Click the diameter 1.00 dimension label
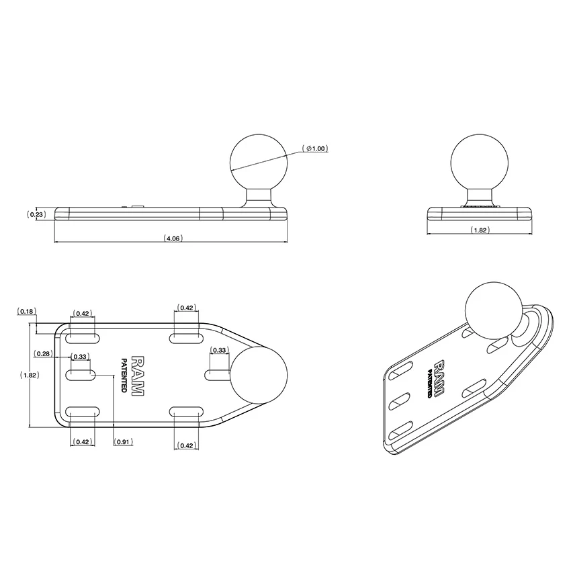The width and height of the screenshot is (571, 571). tap(315, 148)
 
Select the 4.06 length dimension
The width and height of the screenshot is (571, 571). tap(173, 238)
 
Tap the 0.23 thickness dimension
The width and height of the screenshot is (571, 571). tap(36, 214)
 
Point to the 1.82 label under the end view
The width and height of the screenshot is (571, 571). tap(480, 230)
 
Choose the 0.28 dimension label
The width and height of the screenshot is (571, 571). tap(44, 353)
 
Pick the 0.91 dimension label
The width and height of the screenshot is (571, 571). tap(123, 442)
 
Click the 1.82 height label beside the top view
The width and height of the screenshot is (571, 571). tap(30, 375)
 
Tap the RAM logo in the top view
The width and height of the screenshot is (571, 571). tap(137, 376)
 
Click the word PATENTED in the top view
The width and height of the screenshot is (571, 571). tap(124, 376)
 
